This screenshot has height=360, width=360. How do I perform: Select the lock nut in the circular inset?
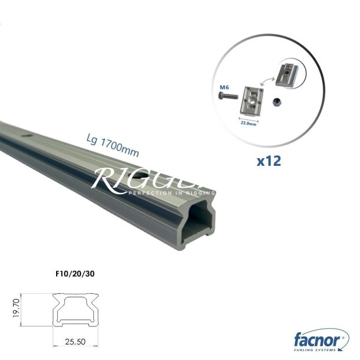coord(276,102)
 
